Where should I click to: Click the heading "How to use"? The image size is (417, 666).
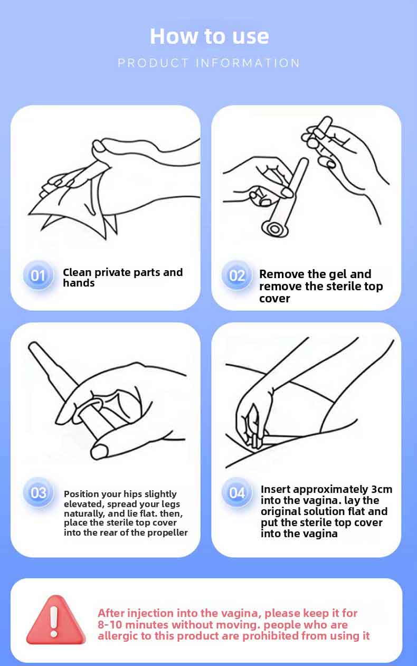click(209, 36)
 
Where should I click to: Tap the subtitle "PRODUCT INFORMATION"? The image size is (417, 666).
click(209, 63)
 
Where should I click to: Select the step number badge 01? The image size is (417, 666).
click(38, 275)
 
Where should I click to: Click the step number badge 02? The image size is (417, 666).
click(237, 275)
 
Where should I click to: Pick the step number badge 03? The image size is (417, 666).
click(38, 493)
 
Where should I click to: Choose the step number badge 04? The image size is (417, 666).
click(237, 493)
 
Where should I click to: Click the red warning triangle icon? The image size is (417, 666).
click(55, 621)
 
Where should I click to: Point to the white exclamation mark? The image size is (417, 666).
click(54, 621)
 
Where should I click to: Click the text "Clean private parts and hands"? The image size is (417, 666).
click(122, 278)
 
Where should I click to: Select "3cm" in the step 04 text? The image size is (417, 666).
click(380, 489)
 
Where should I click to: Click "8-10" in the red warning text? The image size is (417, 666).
click(110, 625)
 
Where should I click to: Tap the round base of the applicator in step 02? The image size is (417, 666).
click(274, 229)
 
